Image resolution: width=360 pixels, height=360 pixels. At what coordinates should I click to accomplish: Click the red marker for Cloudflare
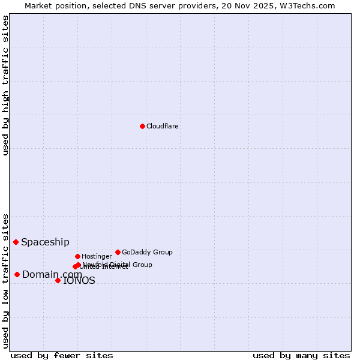tap(142, 126)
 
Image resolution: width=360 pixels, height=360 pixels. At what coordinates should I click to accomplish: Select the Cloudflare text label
tap(162, 126)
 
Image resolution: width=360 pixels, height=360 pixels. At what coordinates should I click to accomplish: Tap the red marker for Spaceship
tap(16, 242)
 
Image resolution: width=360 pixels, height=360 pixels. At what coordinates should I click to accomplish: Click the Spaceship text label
tap(45, 242)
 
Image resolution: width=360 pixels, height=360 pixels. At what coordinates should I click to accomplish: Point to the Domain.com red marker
tap(17, 274)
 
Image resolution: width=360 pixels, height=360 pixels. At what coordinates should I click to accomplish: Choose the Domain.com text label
tap(52, 274)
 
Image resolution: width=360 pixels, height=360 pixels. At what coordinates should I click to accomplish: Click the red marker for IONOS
tap(58, 280)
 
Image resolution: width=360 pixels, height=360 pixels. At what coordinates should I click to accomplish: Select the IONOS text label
tap(79, 280)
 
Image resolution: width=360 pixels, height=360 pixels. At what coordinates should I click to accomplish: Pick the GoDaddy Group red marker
tap(118, 252)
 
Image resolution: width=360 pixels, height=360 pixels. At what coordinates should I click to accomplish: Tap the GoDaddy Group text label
tap(147, 252)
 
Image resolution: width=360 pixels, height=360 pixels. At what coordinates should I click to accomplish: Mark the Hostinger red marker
tap(77, 256)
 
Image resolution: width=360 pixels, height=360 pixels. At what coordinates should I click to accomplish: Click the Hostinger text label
tap(97, 256)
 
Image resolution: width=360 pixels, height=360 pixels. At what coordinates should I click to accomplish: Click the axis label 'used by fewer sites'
tap(62, 355)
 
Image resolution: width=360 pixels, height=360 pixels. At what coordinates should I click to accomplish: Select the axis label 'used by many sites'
tap(301, 355)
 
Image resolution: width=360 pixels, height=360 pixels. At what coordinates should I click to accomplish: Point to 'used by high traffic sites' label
tap(5, 85)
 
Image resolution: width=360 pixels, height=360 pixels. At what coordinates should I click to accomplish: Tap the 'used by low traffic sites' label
tap(5, 280)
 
